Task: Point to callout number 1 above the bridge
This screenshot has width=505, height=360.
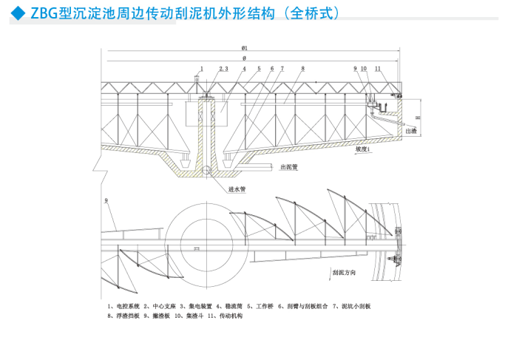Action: coord(200,69)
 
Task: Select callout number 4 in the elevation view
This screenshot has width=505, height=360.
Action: coord(244,69)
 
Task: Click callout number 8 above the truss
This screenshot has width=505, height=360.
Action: coord(302,69)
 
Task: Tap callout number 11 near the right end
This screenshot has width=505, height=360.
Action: coord(378,69)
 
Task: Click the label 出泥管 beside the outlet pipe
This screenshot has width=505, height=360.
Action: coord(288,167)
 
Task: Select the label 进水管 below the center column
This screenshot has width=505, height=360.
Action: coord(237,189)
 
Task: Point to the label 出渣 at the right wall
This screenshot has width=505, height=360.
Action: coord(410,130)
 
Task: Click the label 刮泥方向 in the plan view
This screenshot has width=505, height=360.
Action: coord(345,272)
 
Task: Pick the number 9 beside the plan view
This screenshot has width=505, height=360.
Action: coord(106,200)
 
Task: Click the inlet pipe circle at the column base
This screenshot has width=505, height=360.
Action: coord(210,171)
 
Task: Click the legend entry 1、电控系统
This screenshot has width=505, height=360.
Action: coord(122,305)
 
